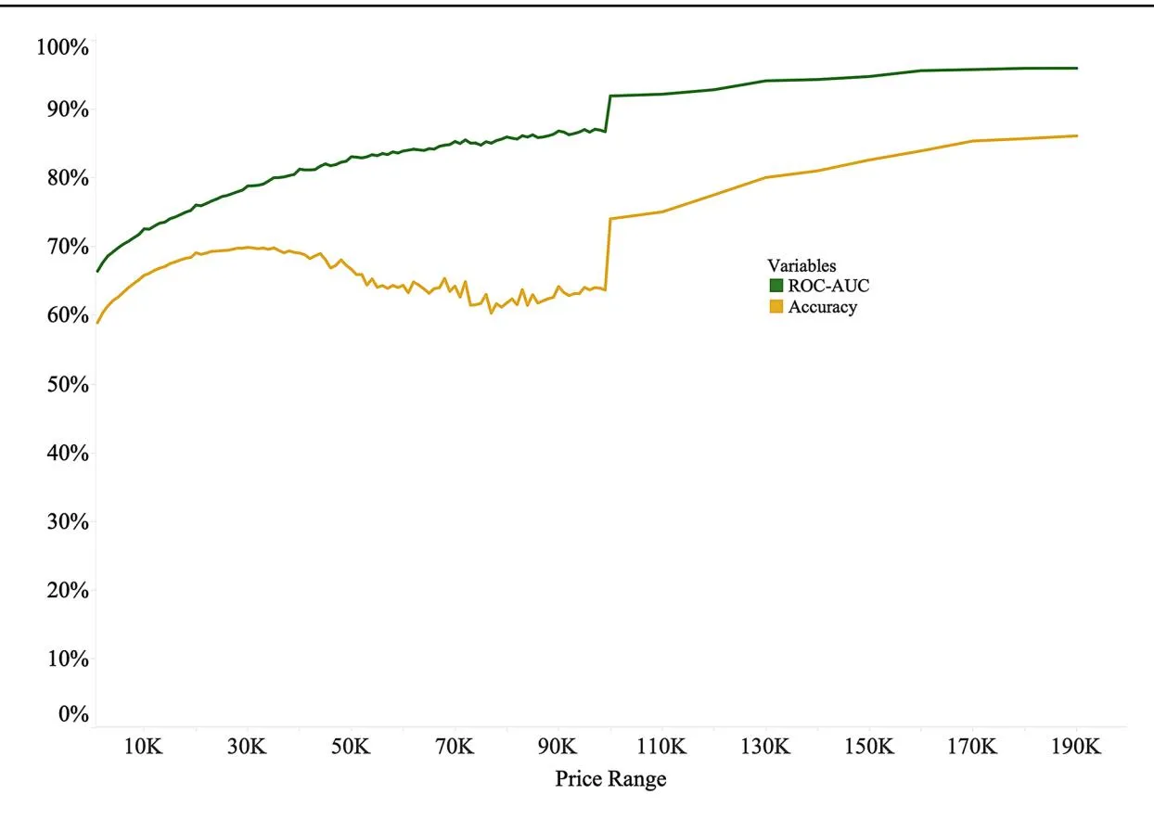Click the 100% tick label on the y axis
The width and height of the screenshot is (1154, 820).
(x=61, y=45)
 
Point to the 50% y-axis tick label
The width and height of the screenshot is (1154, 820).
(x=66, y=384)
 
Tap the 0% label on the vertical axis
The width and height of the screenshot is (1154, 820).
(x=71, y=714)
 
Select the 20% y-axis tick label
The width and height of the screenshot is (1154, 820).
(x=66, y=590)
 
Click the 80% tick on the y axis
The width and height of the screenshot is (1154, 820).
(x=66, y=177)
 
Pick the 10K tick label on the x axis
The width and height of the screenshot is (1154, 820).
(x=143, y=747)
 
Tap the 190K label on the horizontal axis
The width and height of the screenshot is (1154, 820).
(x=1076, y=747)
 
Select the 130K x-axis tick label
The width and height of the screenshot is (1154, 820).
(x=766, y=747)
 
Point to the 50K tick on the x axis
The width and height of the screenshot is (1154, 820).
(x=351, y=747)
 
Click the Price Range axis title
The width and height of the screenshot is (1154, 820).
(x=610, y=779)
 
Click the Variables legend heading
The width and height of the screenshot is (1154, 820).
(x=801, y=266)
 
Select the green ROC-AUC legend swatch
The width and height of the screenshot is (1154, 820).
(x=776, y=287)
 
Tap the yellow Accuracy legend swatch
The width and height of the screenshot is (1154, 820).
(x=776, y=308)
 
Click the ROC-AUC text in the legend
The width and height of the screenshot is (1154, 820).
(x=828, y=287)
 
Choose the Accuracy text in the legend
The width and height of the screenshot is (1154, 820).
(x=822, y=308)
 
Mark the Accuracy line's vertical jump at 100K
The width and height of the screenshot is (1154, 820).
(x=609, y=255)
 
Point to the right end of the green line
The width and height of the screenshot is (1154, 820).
(x=1077, y=68)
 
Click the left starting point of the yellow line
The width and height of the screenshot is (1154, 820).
(x=96, y=323)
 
